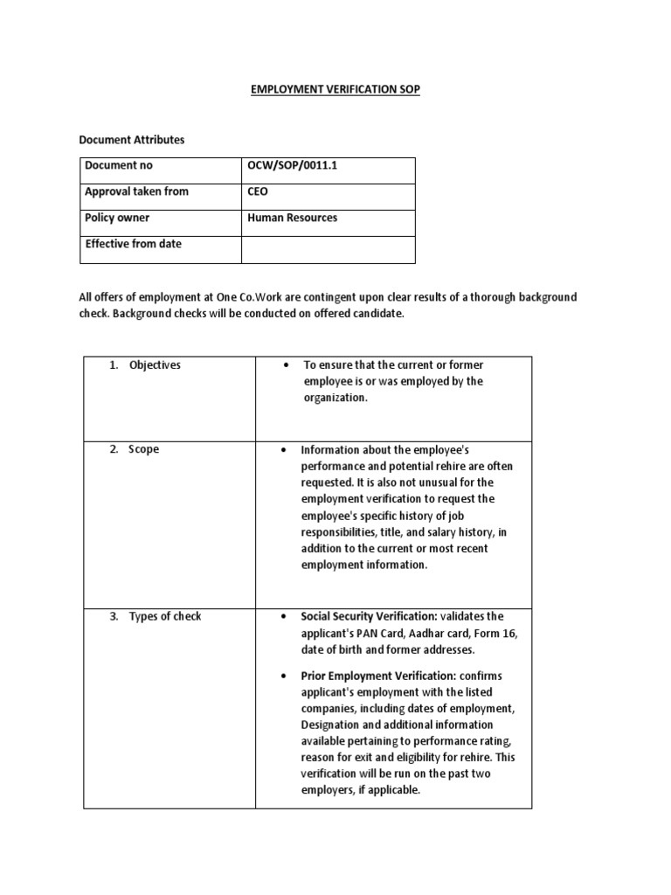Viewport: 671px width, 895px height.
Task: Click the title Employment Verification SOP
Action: (336, 90)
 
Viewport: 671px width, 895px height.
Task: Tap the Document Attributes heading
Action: (132, 139)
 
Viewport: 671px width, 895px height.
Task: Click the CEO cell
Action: (258, 191)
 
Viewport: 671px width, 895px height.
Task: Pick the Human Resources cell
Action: (293, 218)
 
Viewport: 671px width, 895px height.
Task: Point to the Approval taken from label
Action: (136, 191)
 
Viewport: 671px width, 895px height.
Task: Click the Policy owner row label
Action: (117, 218)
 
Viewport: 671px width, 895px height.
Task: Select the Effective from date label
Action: (134, 244)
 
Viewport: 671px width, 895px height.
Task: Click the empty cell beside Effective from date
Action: (328, 248)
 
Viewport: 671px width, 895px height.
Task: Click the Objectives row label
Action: (154, 364)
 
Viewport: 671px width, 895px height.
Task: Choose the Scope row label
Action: (144, 449)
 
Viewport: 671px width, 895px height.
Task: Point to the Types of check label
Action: (164, 616)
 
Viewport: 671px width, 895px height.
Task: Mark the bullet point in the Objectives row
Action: (287, 365)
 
